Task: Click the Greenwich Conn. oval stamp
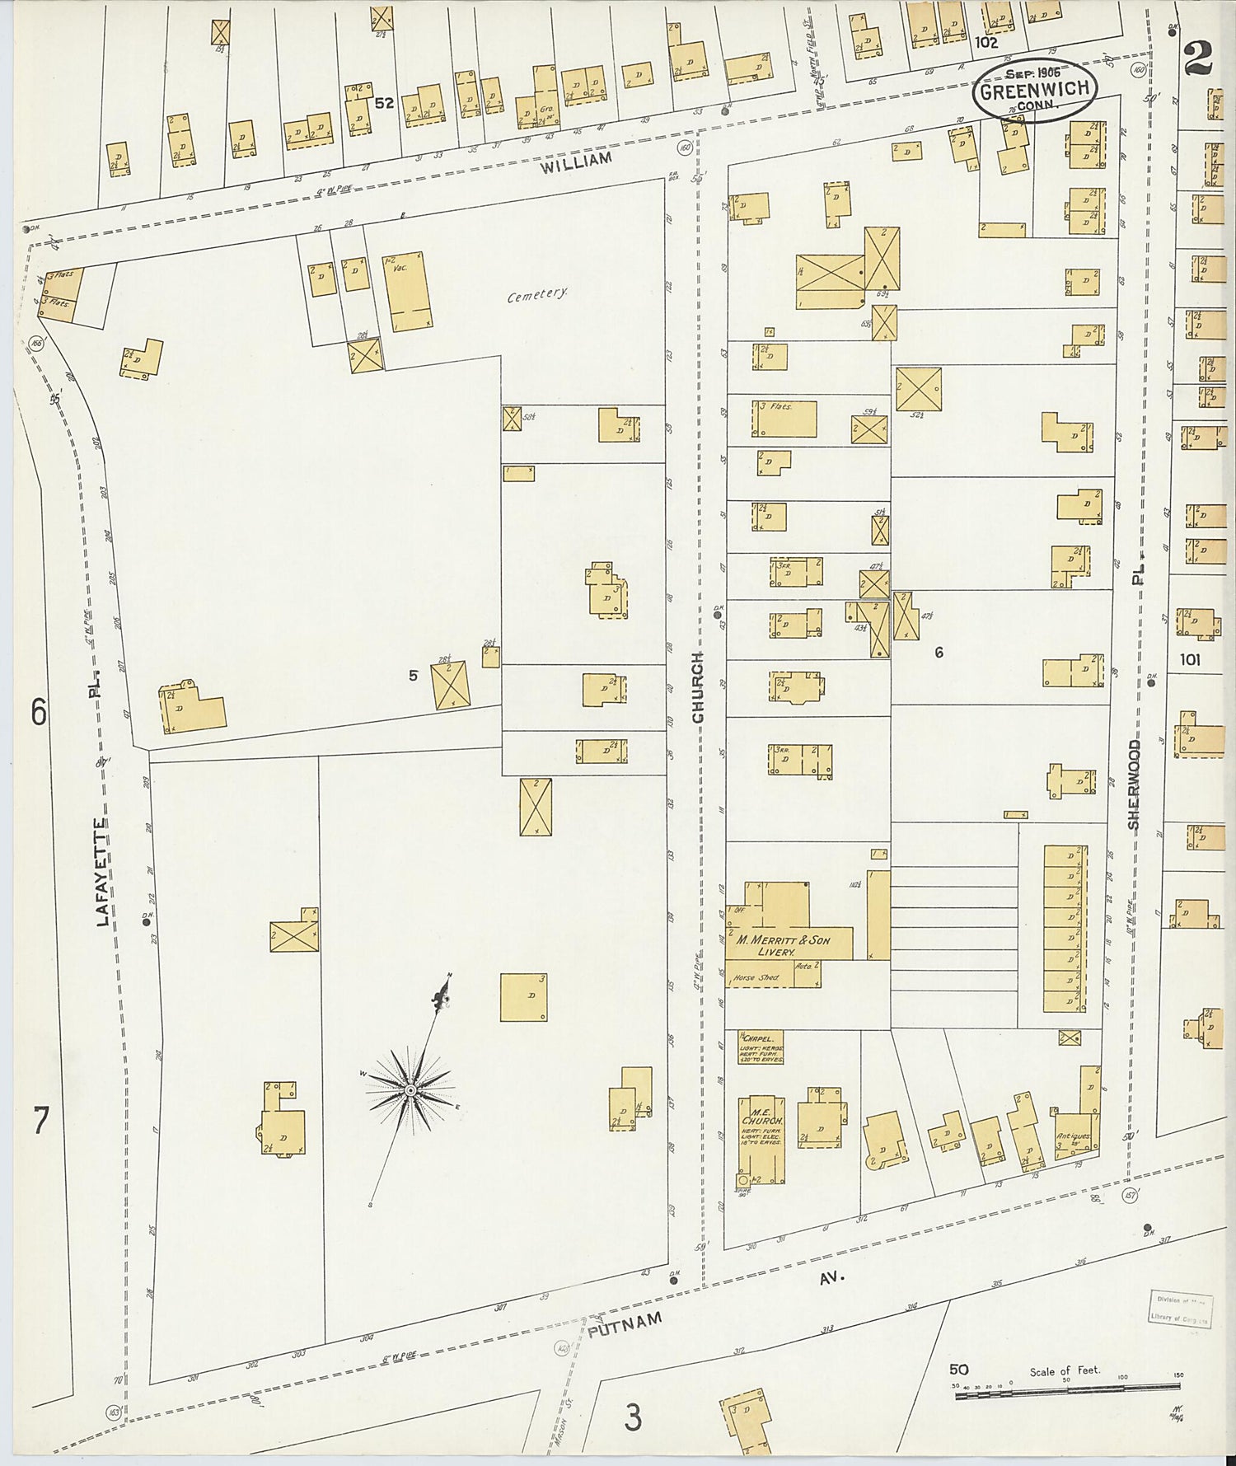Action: coord(1036,91)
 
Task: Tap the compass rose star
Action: coord(410,1090)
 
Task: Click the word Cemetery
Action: coord(537,294)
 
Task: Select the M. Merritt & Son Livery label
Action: coord(783,945)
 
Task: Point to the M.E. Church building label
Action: coord(761,1122)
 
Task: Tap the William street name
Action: coord(577,162)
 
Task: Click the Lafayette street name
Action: coord(103,872)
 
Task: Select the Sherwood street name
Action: coord(1134,785)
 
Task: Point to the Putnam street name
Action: coord(625,1324)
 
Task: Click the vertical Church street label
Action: coord(699,687)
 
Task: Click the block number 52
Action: coord(384,104)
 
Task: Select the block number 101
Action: coord(1190,659)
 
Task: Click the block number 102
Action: coord(985,42)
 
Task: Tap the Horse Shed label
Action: coord(755,978)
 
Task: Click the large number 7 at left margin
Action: coord(40,1121)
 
